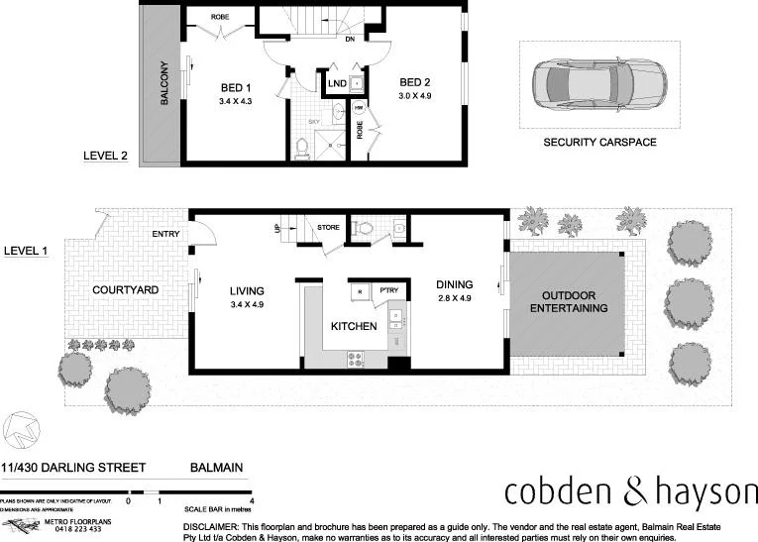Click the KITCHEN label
pyautogui.click(x=353, y=326)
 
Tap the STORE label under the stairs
pyautogui.click(x=328, y=228)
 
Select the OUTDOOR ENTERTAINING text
pyautogui.click(x=568, y=302)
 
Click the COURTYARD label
pyautogui.click(x=125, y=290)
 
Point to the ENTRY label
pyautogui.click(x=165, y=234)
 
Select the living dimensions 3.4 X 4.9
pyautogui.click(x=247, y=305)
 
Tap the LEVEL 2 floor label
pyautogui.click(x=105, y=156)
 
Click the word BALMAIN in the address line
pyautogui.click(x=216, y=468)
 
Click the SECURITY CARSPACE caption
pyautogui.click(x=599, y=143)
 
